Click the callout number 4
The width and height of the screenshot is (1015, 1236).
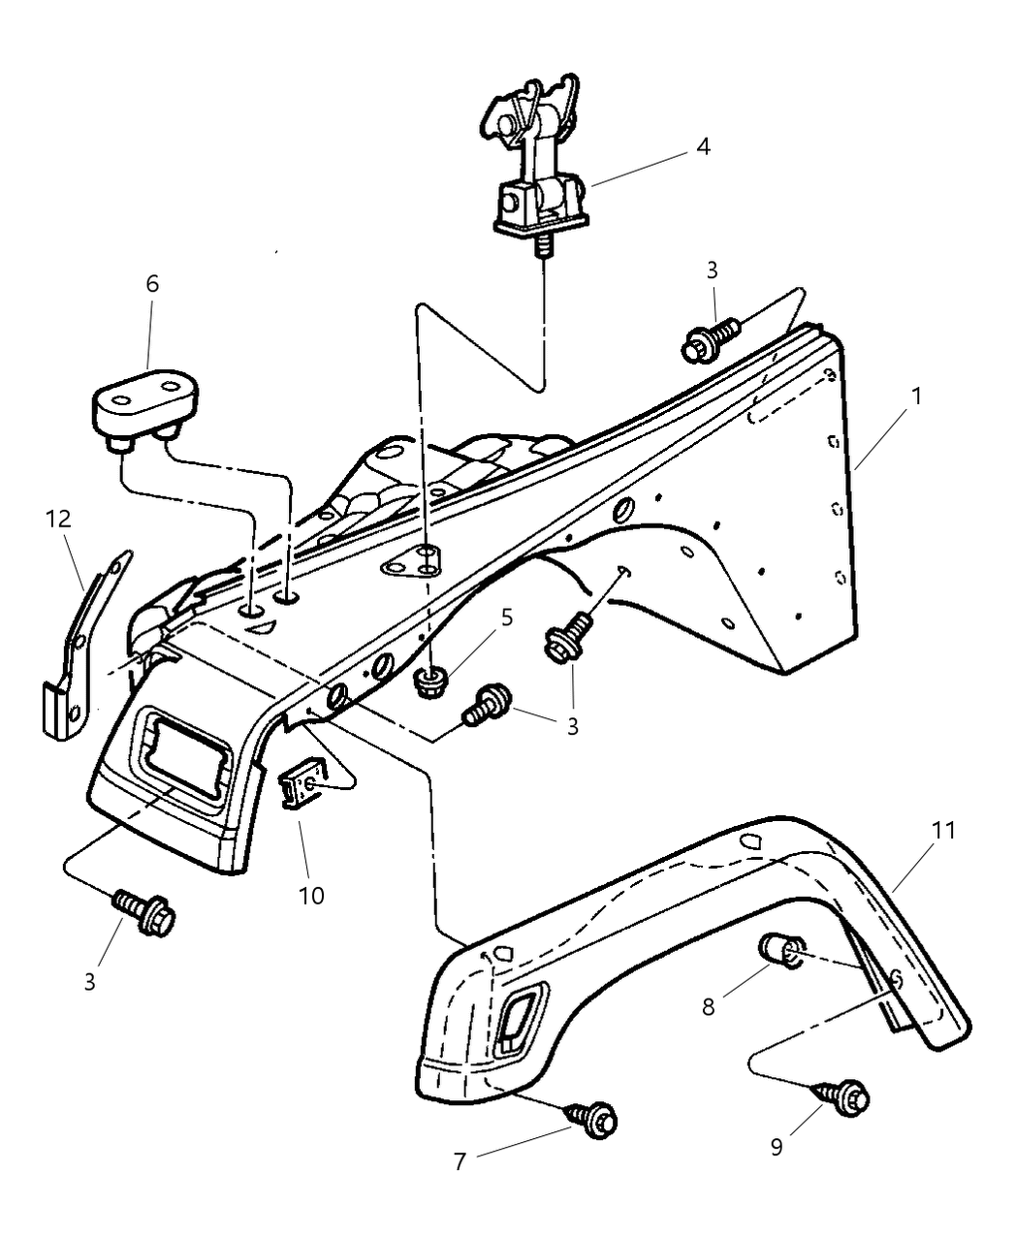coord(703,146)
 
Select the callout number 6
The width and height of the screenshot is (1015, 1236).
coord(152,284)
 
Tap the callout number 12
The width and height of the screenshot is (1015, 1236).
coord(58,519)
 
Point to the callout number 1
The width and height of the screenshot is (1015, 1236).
coord(916,396)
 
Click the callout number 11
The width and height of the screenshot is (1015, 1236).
coord(943,830)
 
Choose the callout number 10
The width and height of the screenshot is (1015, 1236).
coord(311,896)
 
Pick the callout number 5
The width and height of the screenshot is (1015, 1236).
coord(506,618)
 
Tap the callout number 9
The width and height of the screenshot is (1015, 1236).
coord(777,1147)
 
